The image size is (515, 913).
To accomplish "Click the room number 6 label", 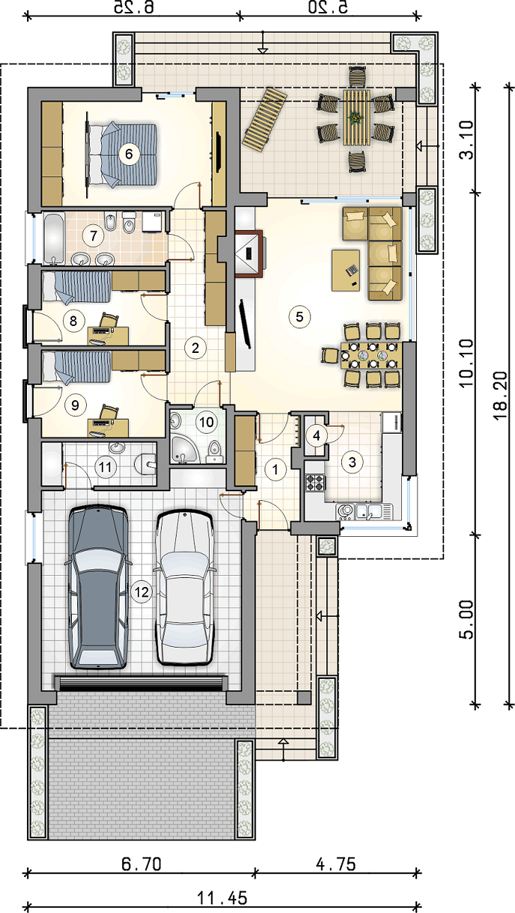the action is click(x=129, y=154).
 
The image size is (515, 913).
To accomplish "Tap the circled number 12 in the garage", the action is click(x=141, y=591).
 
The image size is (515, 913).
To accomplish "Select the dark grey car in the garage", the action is click(x=97, y=587).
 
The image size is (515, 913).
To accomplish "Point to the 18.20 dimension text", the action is click(x=500, y=395).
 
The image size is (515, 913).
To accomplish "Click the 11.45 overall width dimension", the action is click(x=222, y=897).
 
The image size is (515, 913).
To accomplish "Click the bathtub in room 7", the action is click(x=55, y=238).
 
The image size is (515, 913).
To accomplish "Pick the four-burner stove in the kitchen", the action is click(x=315, y=482).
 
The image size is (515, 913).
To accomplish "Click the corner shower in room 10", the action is click(x=183, y=449).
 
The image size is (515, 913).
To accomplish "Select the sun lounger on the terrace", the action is click(x=264, y=120).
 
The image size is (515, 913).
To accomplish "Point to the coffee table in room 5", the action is click(x=346, y=271).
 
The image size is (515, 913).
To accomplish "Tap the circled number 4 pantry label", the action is click(x=317, y=436).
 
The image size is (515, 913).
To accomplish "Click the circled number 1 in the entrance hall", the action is click(x=275, y=469).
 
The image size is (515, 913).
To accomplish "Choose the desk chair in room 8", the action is click(x=109, y=320).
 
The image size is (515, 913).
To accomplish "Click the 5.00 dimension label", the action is click(x=466, y=619).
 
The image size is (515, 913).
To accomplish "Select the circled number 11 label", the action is click(x=106, y=467).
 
